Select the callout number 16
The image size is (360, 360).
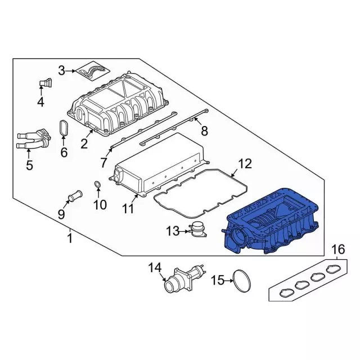(337, 249)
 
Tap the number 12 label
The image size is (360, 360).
(245, 164)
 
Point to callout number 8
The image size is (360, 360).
(204, 131)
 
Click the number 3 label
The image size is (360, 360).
(62, 70)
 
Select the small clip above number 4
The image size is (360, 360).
(44, 83)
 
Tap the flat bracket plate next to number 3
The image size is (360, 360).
(92, 71)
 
